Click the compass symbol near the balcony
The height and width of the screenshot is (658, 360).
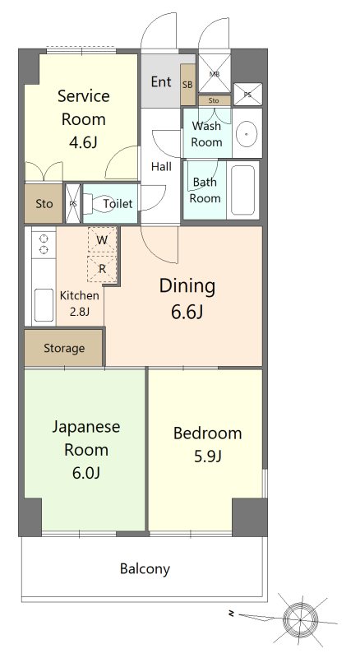300,619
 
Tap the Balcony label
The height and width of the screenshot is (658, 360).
145,569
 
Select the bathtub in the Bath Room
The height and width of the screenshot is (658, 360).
243,190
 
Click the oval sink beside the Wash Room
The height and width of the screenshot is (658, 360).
247,132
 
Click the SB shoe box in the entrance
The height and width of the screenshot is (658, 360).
187,85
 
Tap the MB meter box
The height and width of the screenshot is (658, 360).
215,72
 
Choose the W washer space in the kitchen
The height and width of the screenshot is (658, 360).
102,240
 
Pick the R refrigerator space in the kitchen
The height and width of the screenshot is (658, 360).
102,269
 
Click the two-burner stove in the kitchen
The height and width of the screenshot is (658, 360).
44,243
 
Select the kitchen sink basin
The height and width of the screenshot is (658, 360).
44,305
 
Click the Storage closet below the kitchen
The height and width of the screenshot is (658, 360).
64,348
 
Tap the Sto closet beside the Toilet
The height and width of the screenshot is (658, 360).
44,203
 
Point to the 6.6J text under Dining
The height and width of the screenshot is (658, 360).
187,312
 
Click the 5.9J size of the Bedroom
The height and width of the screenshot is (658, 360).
207,456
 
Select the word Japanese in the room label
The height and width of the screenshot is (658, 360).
86,427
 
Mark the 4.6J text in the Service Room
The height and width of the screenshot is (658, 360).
83,142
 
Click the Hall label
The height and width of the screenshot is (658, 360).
161,167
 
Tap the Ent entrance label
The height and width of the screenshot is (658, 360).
161,81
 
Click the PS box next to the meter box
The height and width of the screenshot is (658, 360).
247,95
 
